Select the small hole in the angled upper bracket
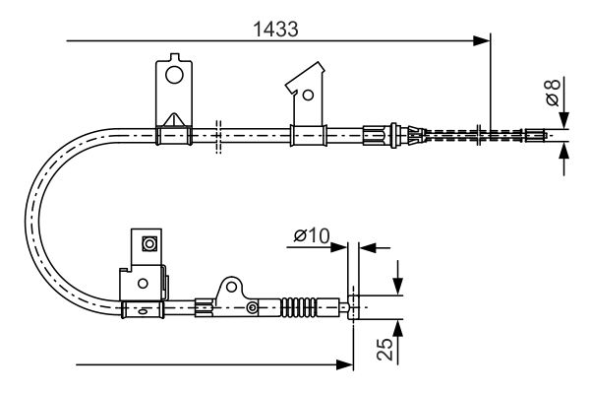click(308, 96)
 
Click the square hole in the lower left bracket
click(149, 243)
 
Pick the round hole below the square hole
click(144, 282)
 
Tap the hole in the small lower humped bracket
click(232, 289)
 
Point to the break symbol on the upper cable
click(218, 134)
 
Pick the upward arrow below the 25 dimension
click(398, 326)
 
